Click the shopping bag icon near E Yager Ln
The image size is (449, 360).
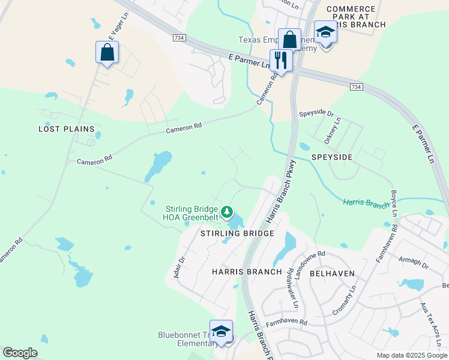pyautogui.click(x=107, y=52)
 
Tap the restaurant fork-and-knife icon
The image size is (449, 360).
pyautogui.click(x=280, y=60)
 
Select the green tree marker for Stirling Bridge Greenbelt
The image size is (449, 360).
pyautogui.click(x=227, y=211)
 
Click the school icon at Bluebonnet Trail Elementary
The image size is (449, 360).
pyautogui.click(x=221, y=332)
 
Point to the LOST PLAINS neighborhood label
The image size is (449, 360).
pyautogui.click(x=67, y=129)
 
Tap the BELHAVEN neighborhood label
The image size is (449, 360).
pyautogui.click(x=332, y=273)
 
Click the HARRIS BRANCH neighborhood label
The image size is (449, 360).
pyautogui.click(x=247, y=272)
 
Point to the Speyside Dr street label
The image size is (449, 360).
pyautogui.click(x=316, y=113)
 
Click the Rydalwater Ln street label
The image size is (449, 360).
pyautogui.click(x=292, y=288)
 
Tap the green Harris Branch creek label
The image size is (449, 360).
pyautogui.click(x=366, y=203)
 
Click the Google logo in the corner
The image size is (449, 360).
pyautogui.click(x=20, y=353)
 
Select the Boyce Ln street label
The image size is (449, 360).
pyautogui.click(x=394, y=203)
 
